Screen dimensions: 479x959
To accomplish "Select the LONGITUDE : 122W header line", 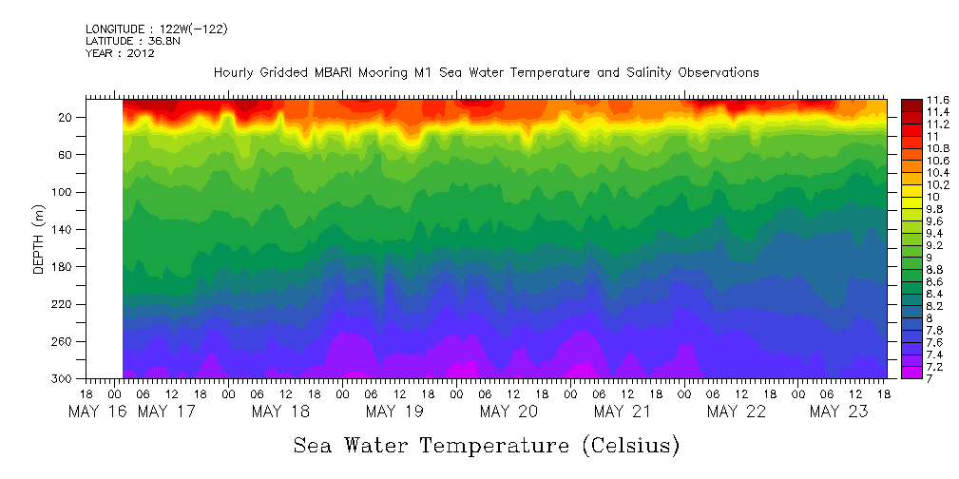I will [x=156, y=29].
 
